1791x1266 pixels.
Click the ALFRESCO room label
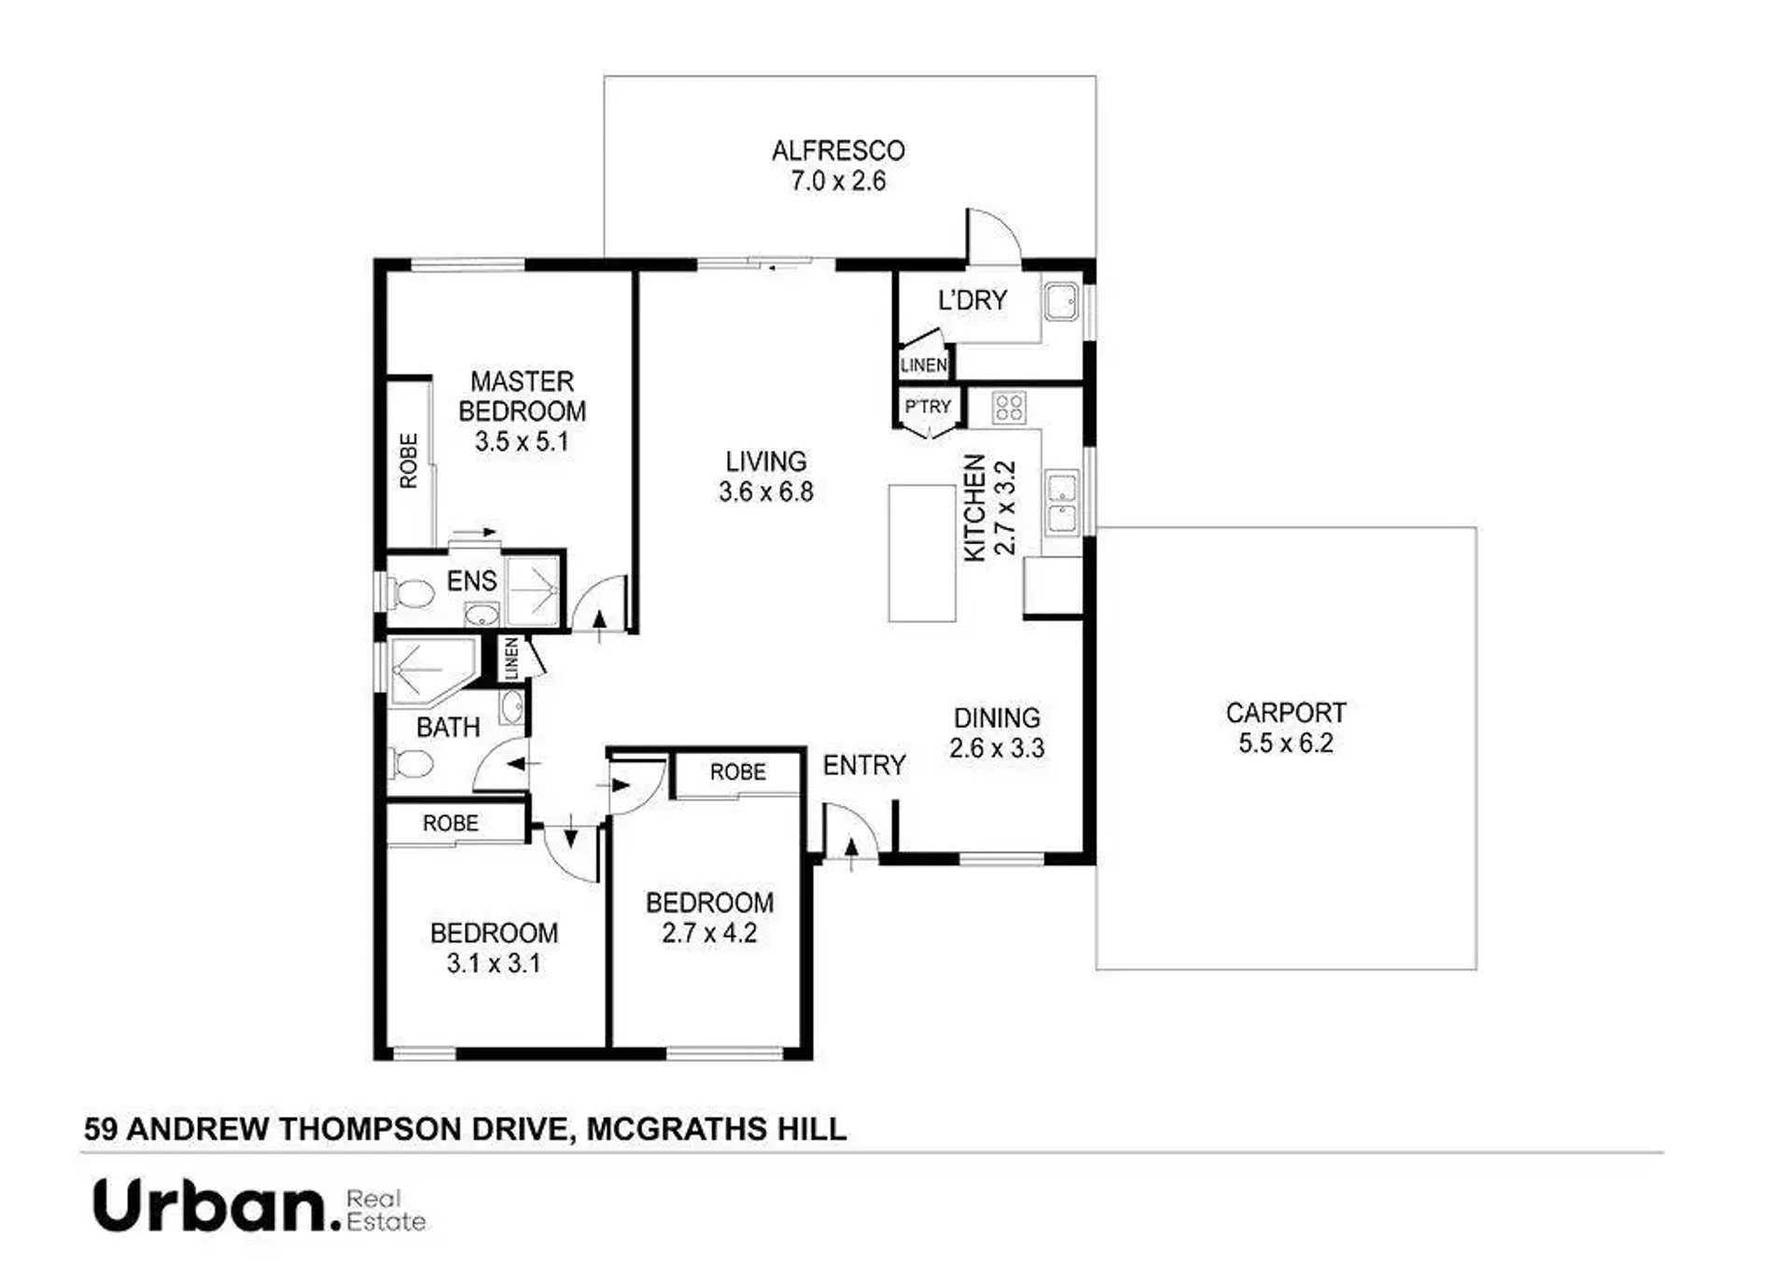[838, 150]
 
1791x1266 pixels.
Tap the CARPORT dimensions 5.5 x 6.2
[1285, 744]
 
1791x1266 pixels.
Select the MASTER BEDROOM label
[522, 396]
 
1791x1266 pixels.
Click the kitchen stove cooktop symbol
[1009, 408]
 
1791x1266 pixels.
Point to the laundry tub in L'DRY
[1060, 301]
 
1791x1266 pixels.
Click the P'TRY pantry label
[928, 407]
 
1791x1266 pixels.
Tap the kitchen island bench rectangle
[921, 552]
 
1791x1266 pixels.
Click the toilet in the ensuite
[412, 593]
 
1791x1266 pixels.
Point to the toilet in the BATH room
[411, 764]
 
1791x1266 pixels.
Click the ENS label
[471, 581]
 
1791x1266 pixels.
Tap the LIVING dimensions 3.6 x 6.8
[766, 492]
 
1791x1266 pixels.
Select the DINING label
[997, 717]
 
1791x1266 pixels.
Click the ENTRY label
[864, 765]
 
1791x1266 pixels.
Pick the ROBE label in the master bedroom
[409, 460]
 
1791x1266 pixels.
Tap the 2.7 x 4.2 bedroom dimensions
[709, 933]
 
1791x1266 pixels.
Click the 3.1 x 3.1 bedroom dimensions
[494, 963]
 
